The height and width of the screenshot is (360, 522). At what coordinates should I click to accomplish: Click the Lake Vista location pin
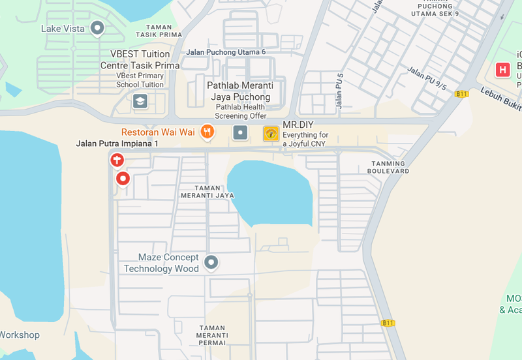coord(98,28)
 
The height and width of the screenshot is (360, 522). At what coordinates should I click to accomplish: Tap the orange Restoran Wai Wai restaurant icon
coord(207,132)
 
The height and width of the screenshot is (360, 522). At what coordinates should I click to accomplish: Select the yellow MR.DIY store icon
coord(271,134)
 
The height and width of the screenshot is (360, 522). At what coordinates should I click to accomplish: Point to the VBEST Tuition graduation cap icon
coord(140,101)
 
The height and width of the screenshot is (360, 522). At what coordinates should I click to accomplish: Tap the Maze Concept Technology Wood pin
coord(211,263)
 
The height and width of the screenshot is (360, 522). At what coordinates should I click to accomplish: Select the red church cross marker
coord(116,159)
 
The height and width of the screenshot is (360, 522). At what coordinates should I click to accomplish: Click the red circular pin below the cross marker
coord(122,178)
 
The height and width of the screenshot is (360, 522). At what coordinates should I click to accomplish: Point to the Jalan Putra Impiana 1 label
coord(117,143)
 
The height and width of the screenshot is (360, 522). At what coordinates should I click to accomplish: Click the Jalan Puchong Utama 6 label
coord(226,52)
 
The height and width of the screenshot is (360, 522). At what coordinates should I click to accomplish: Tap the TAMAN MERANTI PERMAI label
coord(213,335)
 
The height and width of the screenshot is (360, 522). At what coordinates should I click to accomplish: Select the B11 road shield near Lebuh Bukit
coord(462,94)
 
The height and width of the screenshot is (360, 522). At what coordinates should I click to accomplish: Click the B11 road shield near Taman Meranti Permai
coord(388,323)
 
